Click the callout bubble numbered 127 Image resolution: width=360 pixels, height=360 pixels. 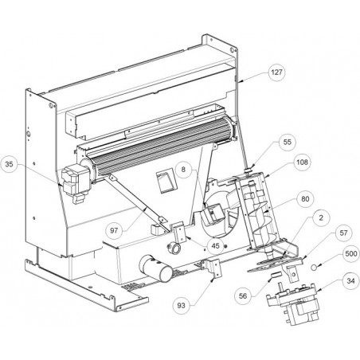click(276, 72)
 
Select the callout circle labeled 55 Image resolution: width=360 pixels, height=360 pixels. click(287, 142)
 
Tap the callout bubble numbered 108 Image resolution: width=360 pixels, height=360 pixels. click(302, 162)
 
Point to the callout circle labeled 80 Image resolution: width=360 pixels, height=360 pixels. click(305, 199)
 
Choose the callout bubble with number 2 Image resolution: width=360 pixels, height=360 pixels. click(321, 218)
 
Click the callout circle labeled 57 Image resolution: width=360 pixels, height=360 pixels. click(343, 233)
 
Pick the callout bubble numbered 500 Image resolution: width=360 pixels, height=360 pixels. click(350, 254)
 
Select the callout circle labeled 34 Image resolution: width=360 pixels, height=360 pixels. click(350, 281)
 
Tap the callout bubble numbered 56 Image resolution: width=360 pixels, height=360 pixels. click(243, 296)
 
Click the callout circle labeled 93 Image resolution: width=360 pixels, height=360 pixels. click(181, 306)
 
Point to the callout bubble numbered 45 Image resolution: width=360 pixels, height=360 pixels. click(215, 246)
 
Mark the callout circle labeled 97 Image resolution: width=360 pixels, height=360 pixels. click(114, 231)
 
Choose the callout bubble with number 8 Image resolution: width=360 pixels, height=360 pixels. click(183, 169)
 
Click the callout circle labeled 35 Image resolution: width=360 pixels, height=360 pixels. click(9, 164)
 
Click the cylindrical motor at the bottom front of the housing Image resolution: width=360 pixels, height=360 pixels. click(156, 268)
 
